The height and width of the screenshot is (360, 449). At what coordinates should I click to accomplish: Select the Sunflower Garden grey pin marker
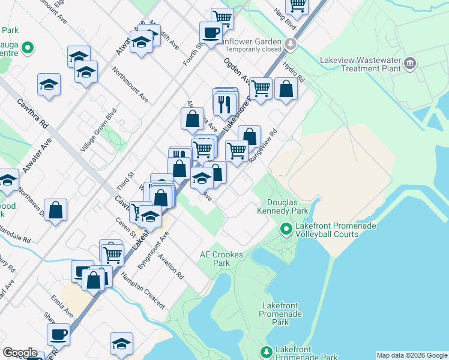click(291, 44)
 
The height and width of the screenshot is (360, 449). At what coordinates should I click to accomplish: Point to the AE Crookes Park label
click(221, 259)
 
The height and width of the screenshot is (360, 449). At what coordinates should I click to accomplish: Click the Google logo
click(20, 353)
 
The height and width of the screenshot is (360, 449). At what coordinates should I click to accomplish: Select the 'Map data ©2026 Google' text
click(412, 355)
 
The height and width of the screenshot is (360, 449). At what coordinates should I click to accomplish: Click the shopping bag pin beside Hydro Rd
click(286, 89)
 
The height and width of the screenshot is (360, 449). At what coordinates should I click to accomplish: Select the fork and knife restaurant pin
click(225, 104)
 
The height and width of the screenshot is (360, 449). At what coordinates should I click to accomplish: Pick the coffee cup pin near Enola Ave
click(58, 334)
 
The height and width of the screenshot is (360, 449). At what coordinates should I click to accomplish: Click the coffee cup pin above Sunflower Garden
click(211, 32)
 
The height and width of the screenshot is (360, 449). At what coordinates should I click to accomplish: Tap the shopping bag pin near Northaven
click(55, 210)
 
